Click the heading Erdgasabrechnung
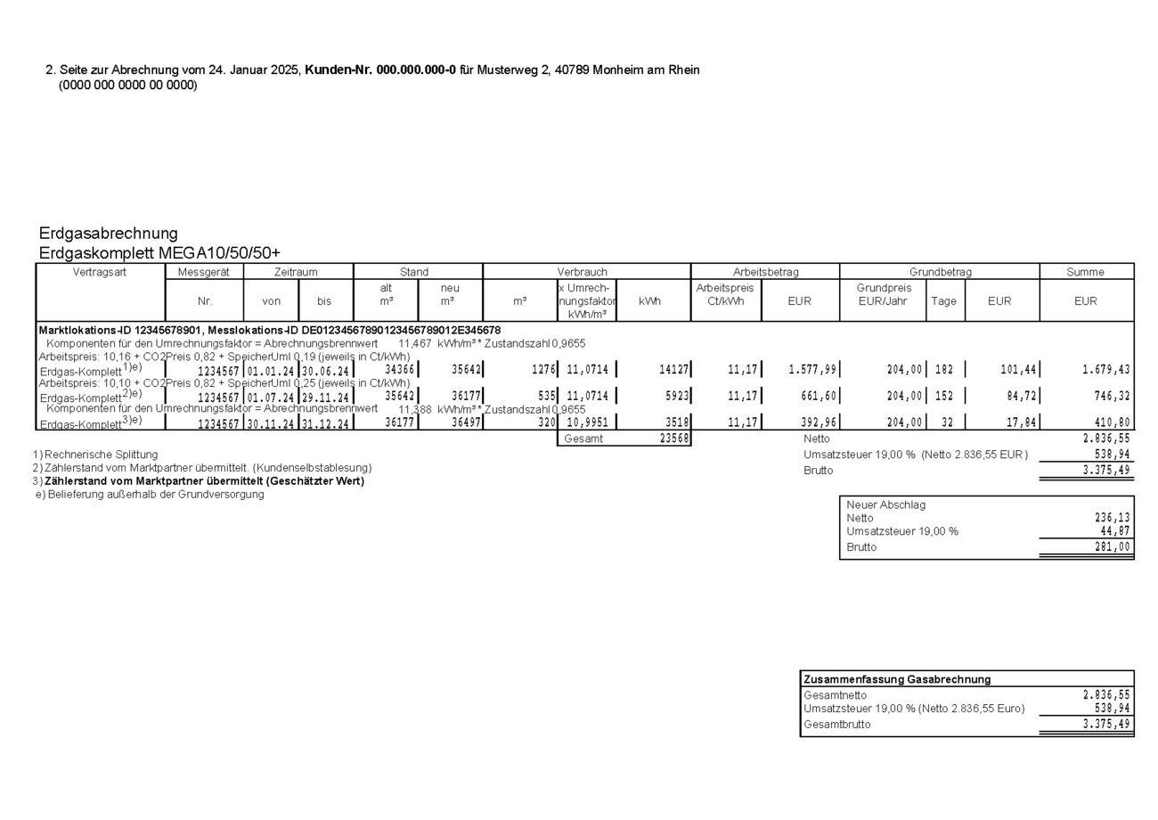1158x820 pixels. click(108, 234)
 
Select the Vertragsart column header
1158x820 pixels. click(100, 272)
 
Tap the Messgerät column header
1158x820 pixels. click(204, 272)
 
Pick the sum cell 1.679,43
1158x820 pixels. click(1105, 370)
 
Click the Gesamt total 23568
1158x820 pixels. click(673, 439)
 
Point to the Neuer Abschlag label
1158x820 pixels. click(885, 504)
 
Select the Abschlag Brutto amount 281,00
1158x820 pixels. click(1113, 547)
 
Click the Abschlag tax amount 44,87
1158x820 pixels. click(1115, 531)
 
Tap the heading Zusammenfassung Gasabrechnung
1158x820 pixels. click(897, 679)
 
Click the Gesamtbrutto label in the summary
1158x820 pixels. click(837, 725)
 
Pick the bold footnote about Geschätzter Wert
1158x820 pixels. click(204, 481)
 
